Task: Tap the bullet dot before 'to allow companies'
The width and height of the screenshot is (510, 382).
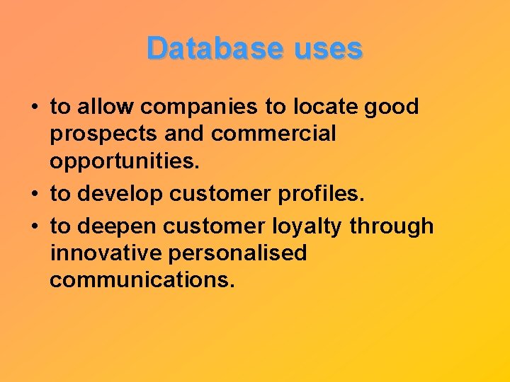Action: point(34,108)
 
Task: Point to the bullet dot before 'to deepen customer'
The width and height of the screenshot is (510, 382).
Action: point(34,227)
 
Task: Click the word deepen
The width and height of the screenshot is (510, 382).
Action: point(117,227)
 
